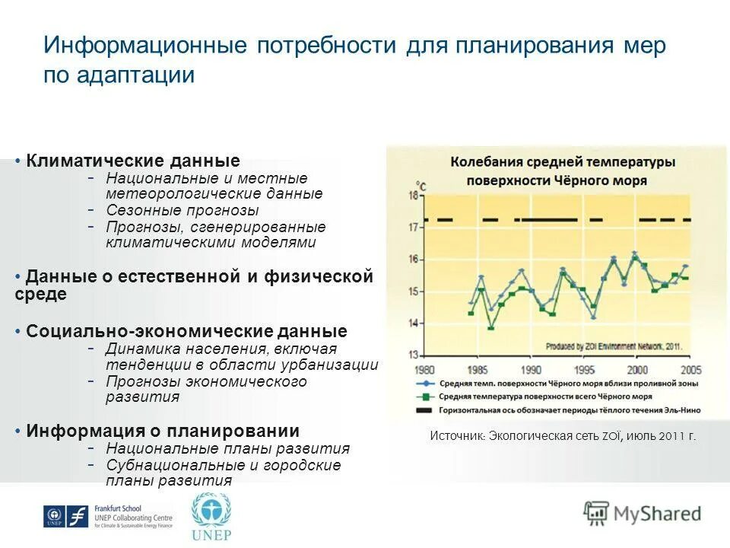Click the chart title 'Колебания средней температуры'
point(562,162)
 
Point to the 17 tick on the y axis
point(414,227)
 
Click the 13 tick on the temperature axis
point(414,355)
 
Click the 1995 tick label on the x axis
point(583,371)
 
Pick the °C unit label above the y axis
point(421,184)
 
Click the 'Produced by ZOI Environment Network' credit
point(613,346)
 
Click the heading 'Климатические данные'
point(132,161)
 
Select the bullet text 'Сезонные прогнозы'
point(182,210)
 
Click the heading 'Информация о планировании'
point(163,431)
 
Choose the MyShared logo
point(642,513)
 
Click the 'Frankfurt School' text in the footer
point(118,508)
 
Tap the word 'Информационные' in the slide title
point(145,45)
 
